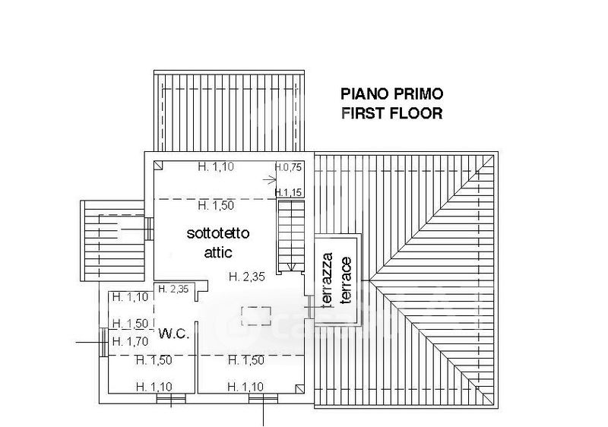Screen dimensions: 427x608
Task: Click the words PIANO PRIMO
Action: (x=391, y=94)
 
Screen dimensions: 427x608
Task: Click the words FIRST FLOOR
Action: (x=391, y=113)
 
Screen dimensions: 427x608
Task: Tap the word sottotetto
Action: (x=218, y=233)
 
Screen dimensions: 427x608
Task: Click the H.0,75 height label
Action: (x=288, y=167)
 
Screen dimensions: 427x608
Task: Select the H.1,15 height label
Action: (x=290, y=192)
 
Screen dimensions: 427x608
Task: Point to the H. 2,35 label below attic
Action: (x=247, y=276)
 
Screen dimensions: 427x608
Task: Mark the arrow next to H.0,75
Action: (x=270, y=179)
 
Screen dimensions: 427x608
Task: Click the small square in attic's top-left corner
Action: (x=157, y=165)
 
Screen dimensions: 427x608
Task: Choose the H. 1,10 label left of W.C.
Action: (x=129, y=297)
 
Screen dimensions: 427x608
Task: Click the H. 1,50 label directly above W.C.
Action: (x=129, y=323)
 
